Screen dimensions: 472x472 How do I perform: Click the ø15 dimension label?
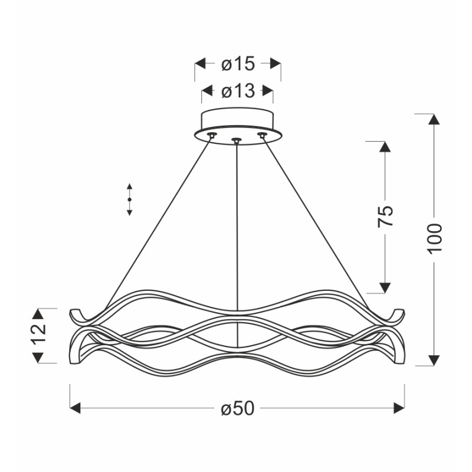coord(238,63)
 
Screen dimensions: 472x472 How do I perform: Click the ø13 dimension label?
coord(238,91)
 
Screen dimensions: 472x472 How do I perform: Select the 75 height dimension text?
coord(385,217)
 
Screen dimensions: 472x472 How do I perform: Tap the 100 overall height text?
coord(434,238)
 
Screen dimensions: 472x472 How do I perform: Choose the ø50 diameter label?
coord(237,408)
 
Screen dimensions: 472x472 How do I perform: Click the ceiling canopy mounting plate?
coord(237,121)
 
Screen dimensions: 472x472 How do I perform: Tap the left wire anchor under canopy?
coord(212,136)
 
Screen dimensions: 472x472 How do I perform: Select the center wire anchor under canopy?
coord(237,140)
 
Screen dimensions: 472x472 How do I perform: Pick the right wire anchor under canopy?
coord(262,136)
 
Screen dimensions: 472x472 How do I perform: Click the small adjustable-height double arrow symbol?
coord(129,200)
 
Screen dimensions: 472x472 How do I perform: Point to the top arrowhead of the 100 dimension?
coord(434,119)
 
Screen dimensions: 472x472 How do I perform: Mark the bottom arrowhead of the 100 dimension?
coord(434,360)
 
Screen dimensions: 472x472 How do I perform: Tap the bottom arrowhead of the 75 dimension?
coord(385,287)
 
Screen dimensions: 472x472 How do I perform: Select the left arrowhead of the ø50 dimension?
coord(76,408)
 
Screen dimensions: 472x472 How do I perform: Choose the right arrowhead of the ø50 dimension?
coord(399,408)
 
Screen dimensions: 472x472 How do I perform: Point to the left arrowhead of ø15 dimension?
coord(200,63)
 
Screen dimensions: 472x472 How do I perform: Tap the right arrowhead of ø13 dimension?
coord(268,91)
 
